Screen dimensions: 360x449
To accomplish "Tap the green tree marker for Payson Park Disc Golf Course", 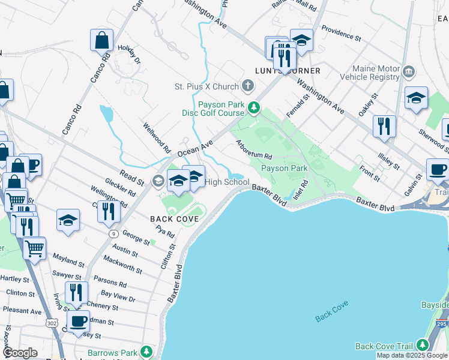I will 255,108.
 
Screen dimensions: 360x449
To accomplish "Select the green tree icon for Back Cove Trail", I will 422,346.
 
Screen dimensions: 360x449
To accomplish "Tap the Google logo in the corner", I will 19,353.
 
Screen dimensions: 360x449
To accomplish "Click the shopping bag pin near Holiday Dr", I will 102,40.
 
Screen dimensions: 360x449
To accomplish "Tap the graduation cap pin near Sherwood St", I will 416,98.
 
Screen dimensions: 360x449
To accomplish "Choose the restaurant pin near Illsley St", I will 384,127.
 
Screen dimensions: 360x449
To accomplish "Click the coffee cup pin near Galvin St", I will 438,169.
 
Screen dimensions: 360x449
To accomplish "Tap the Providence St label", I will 341,32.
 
